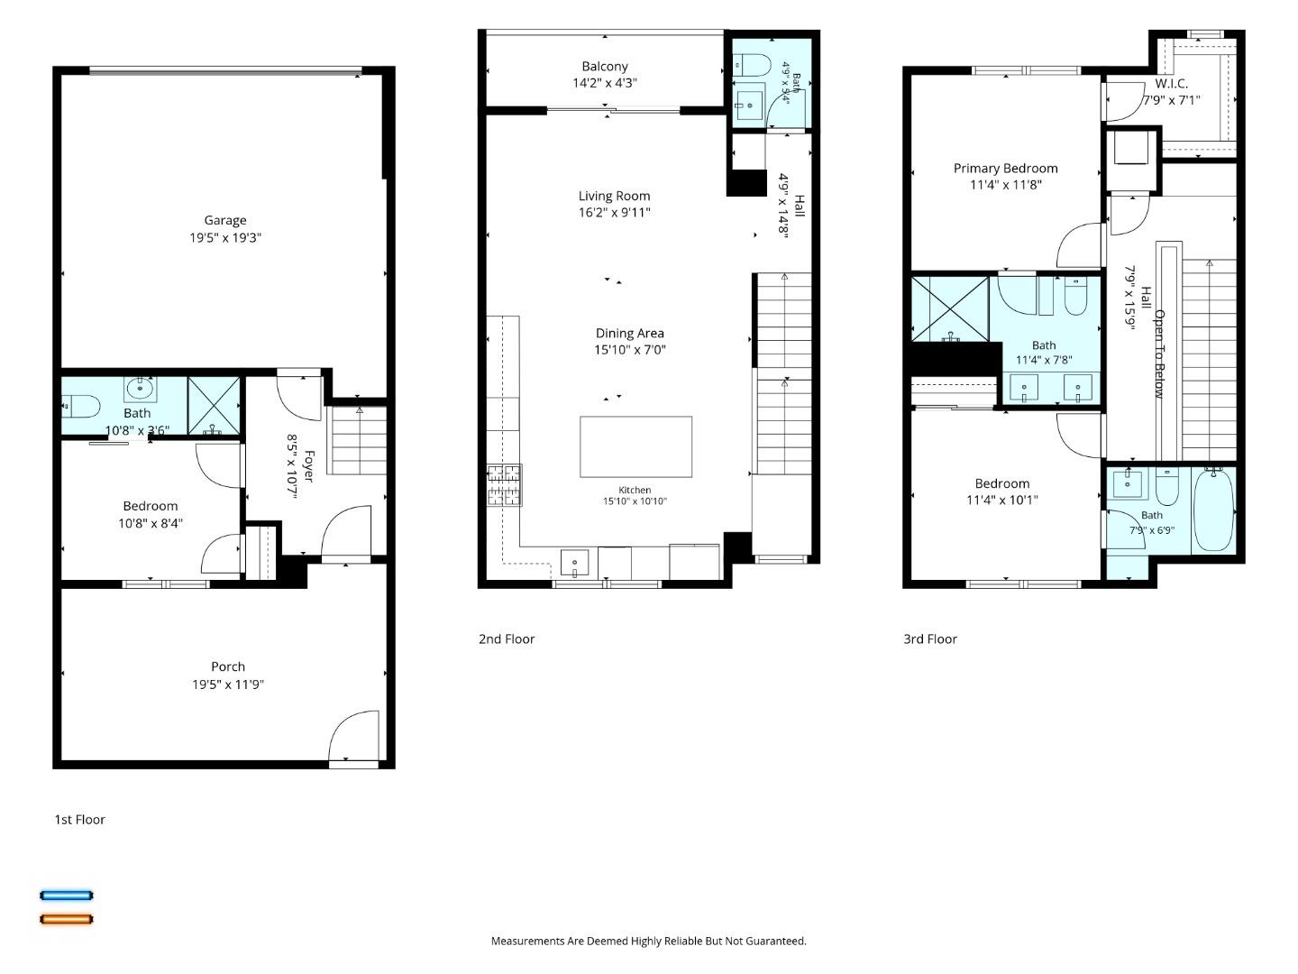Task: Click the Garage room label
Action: point(225,220)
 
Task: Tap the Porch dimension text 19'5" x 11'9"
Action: point(228,685)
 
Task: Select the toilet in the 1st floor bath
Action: point(82,406)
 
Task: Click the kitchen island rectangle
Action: point(635,446)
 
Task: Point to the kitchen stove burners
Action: point(504,485)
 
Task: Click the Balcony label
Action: point(604,66)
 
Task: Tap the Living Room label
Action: point(614,196)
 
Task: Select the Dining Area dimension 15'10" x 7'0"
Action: point(630,350)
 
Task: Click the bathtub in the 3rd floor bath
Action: point(1213,509)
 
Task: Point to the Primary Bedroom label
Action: point(1005,168)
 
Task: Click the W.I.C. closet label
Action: point(1171,83)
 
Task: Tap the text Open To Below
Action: point(1159,354)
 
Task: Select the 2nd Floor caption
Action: point(507,639)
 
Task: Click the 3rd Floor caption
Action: point(929,639)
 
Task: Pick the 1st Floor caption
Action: point(80,819)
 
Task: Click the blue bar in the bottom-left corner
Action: point(66,896)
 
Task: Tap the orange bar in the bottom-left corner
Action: point(66,919)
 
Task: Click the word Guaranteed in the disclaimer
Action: point(775,941)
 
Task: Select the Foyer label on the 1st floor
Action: point(308,466)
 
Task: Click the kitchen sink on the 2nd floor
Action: point(574,563)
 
